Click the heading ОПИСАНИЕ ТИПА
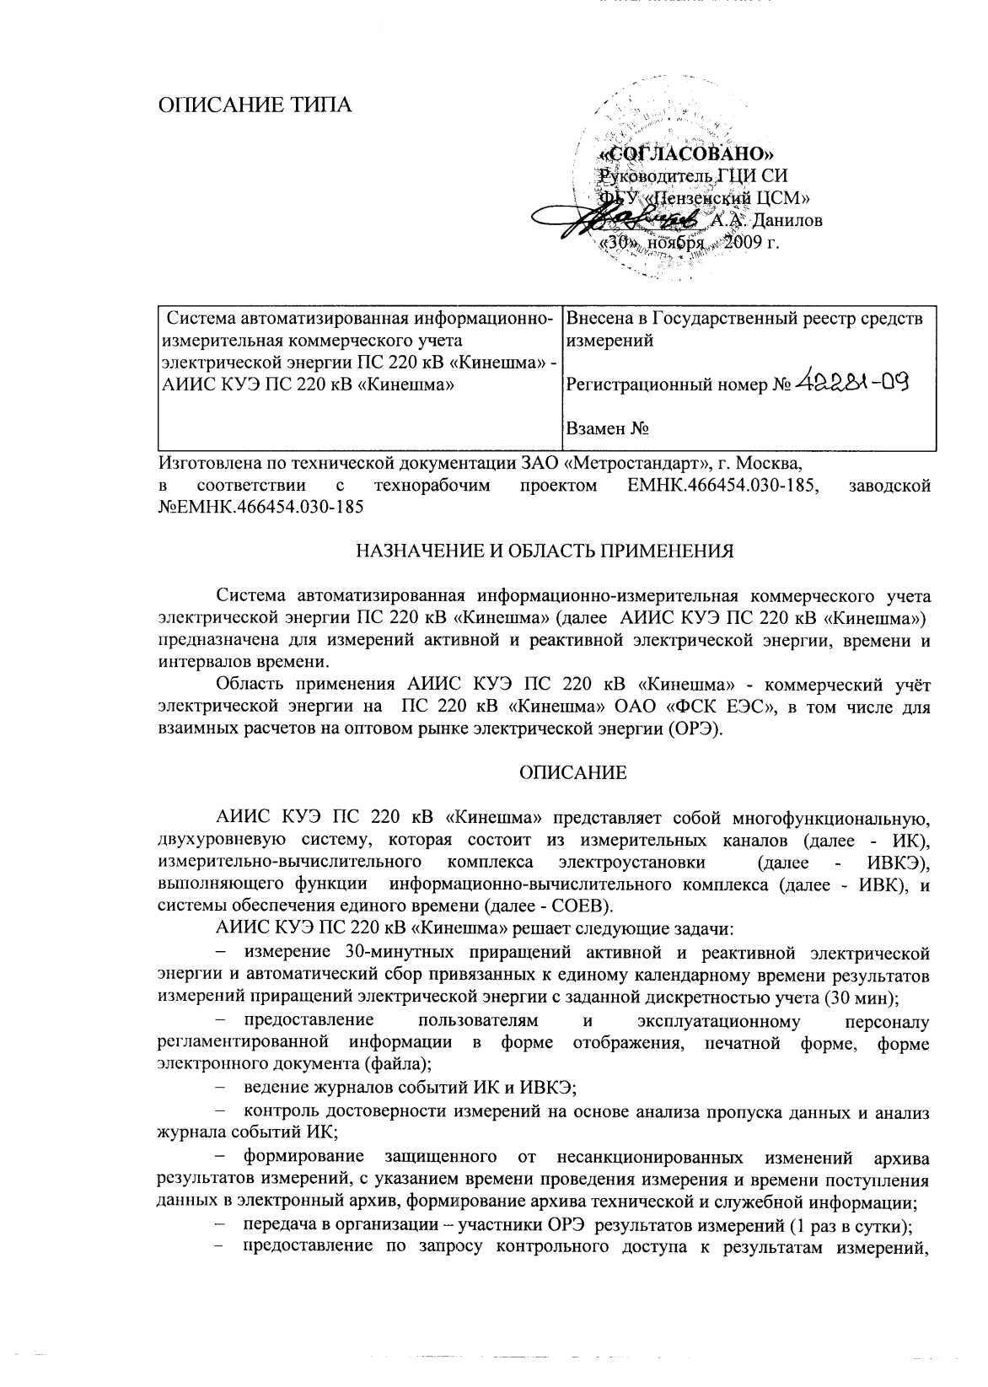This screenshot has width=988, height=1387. coord(256,105)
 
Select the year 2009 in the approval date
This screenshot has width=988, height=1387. coord(737,243)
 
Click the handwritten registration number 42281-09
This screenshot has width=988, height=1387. coord(853,384)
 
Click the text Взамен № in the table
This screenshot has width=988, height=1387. coord(607,429)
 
